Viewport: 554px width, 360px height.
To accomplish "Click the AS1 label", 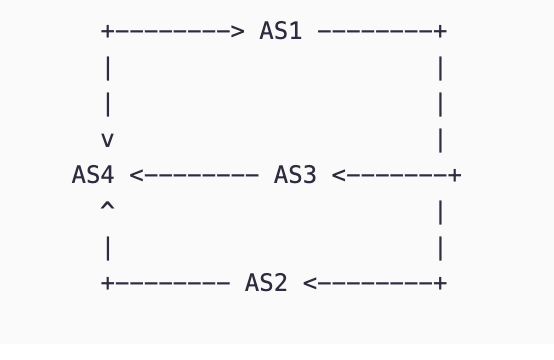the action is click(x=280, y=31).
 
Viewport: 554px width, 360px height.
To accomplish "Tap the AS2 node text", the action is click(x=266, y=283).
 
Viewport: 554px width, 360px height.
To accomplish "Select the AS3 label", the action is click(x=295, y=175).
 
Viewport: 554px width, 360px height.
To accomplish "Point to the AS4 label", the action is click(x=93, y=175).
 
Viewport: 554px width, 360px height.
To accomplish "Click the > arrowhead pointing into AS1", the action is click(x=237, y=31).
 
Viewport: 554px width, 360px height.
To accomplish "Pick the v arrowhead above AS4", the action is click(x=107, y=140).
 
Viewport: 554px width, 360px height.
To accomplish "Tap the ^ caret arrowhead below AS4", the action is click(x=107, y=207).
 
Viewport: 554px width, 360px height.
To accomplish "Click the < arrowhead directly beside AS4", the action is click(x=136, y=175).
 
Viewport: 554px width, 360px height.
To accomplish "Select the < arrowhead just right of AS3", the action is click(x=339, y=175).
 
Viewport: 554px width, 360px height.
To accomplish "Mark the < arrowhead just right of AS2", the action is click(x=310, y=283).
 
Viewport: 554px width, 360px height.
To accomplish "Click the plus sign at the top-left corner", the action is click(x=107, y=31).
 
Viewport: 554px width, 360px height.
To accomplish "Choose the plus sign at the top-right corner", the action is click(x=440, y=31).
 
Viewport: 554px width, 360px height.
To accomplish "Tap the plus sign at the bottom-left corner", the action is click(x=107, y=283).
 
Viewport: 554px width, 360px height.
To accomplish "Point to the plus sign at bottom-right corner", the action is click(x=440, y=283).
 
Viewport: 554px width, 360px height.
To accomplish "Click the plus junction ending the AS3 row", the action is click(x=455, y=175).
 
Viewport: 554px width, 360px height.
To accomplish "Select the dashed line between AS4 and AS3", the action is click(x=201, y=175).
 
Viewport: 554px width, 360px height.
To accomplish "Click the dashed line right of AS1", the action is click(x=375, y=31).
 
